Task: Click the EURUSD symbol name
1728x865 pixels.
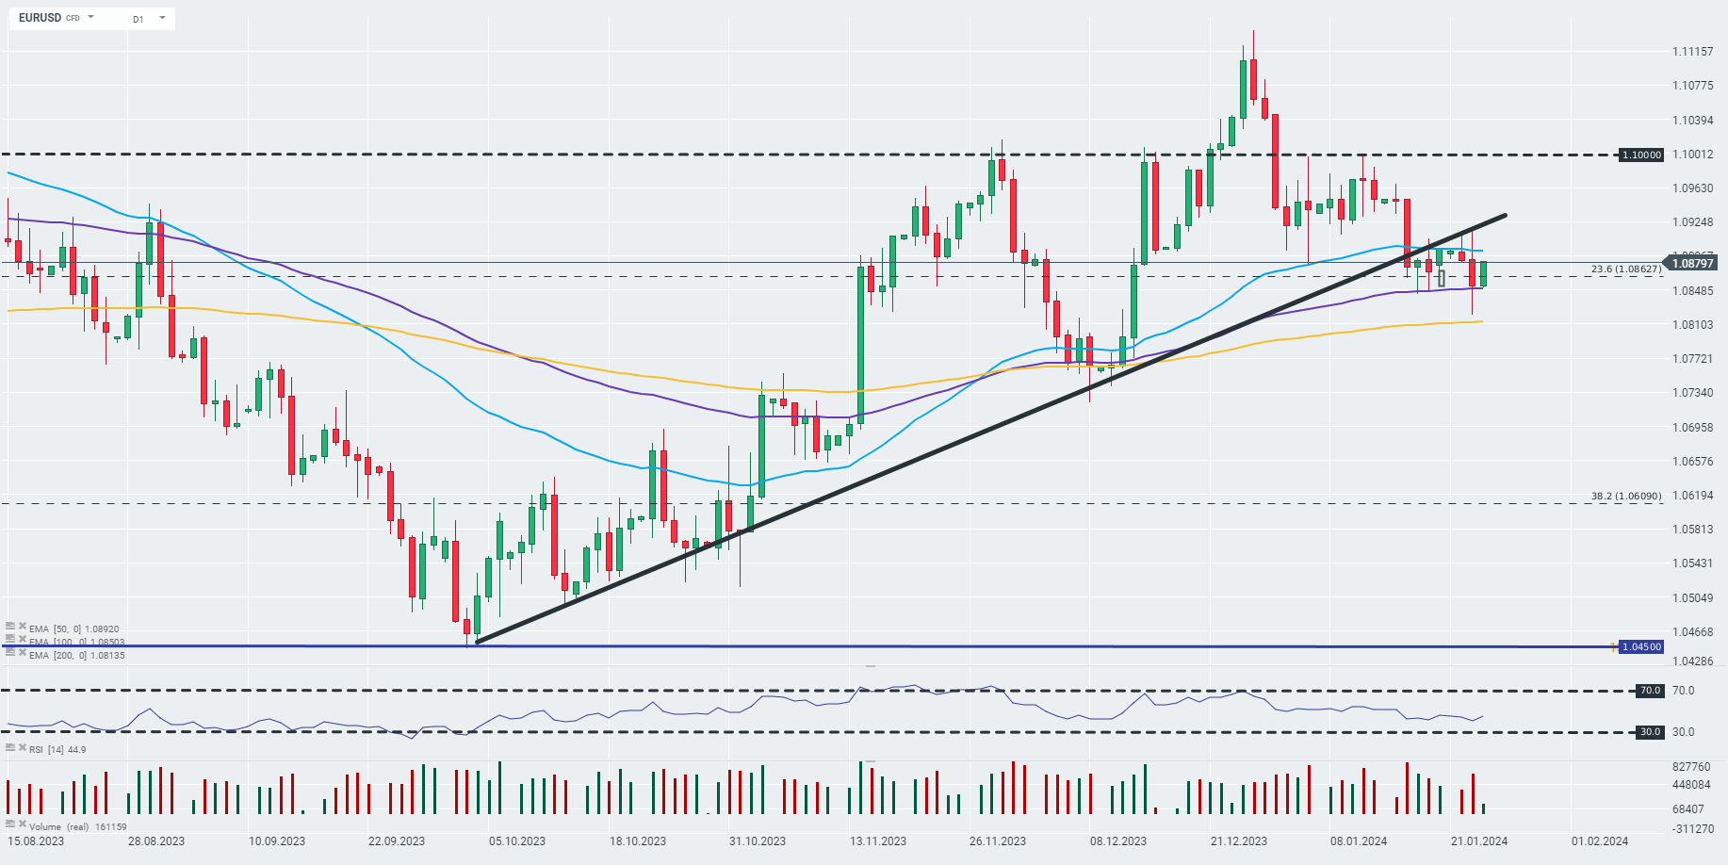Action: tap(40, 18)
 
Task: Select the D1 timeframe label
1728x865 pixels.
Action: tap(139, 19)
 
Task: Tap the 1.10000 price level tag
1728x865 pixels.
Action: tap(1641, 155)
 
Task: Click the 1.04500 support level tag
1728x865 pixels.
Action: tap(1641, 646)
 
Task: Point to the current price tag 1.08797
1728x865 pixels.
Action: tap(1692, 263)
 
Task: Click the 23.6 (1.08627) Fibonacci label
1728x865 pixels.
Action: tap(1625, 269)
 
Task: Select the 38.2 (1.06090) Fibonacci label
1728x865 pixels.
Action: tap(1625, 496)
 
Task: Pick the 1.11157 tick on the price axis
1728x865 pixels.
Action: tap(1692, 52)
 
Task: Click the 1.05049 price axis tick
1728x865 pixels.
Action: tap(1692, 598)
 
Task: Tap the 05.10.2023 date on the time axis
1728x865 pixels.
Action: tap(516, 841)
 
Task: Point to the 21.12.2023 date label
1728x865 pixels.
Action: tap(1238, 841)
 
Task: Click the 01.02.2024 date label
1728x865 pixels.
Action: tap(1599, 841)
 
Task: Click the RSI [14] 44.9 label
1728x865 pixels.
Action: tap(57, 749)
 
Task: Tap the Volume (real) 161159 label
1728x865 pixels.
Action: tap(77, 826)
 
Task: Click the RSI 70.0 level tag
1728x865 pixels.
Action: tap(1650, 691)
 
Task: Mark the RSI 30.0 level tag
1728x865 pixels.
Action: tap(1650, 732)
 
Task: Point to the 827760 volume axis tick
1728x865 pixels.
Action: tap(1691, 767)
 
